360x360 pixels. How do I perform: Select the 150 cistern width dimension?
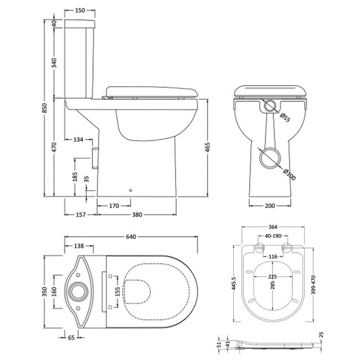[x=80, y=11]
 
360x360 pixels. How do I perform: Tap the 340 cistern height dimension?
[x=54, y=63]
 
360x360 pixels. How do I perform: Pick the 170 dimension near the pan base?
[x=114, y=205]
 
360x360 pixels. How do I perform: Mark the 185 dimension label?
[x=76, y=177]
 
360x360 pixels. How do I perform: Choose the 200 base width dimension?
[x=270, y=205]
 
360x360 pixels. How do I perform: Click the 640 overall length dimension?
[x=131, y=237]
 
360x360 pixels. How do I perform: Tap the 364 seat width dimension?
[x=271, y=226]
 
